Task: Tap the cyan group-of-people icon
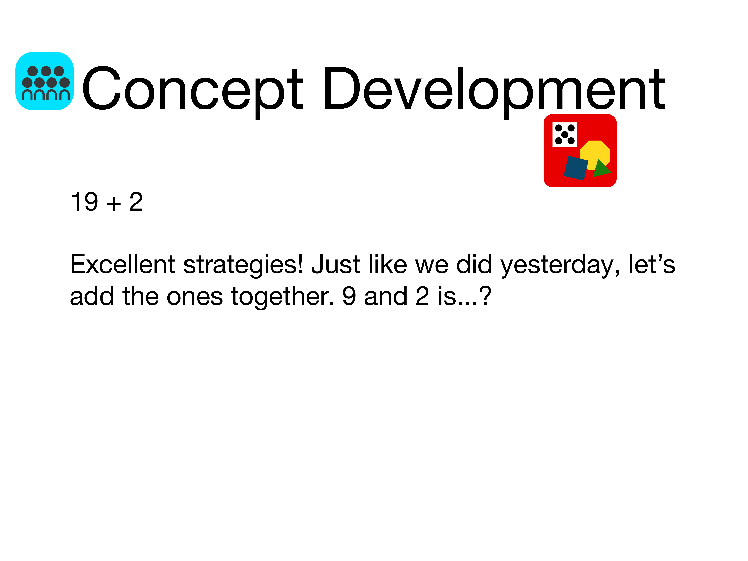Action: click(45, 81)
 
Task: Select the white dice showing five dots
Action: click(565, 135)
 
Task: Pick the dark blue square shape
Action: click(576, 168)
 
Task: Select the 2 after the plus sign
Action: click(136, 202)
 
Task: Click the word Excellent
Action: click(122, 264)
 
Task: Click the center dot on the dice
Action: click(565, 135)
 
